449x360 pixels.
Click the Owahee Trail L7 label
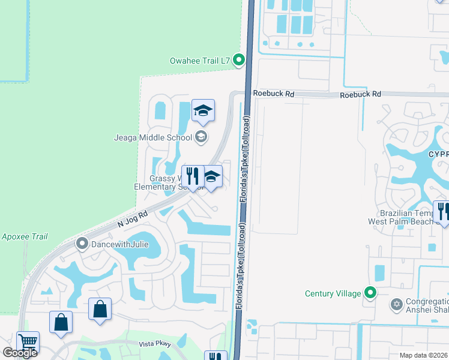[200, 59]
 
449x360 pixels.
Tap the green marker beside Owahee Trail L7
[239, 59]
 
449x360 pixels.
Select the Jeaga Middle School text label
[153, 137]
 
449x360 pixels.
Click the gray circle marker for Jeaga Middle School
[201, 137]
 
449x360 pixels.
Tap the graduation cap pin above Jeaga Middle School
[203, 111]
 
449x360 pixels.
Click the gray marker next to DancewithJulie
[82, 244]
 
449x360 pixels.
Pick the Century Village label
[333, 293]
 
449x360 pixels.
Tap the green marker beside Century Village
[371, 293]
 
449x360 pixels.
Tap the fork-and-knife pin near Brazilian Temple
[443, 212]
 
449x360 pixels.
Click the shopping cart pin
[27, 342]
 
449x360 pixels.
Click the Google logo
[20, 353]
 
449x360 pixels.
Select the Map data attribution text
[424, 355]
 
